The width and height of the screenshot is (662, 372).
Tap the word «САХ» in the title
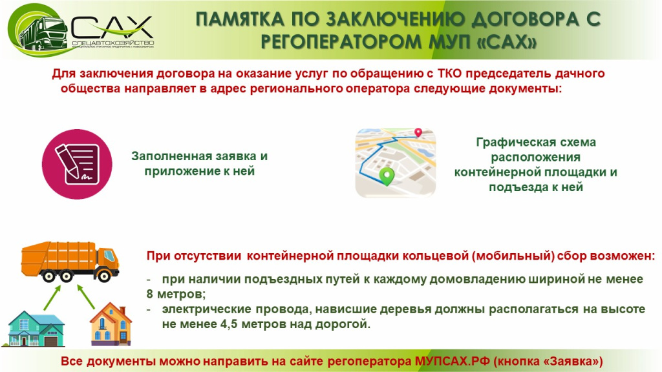509,42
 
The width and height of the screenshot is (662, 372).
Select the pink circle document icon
77,164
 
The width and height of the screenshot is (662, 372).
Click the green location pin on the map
387,176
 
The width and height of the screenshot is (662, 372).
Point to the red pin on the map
418,132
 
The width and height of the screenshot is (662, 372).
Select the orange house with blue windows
111,324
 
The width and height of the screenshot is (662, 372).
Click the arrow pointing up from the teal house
52,298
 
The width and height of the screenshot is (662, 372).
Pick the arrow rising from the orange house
86,296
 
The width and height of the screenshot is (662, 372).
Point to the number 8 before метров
150,294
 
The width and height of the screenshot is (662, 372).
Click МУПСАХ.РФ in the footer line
452,362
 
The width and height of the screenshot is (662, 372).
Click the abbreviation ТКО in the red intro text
449,74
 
